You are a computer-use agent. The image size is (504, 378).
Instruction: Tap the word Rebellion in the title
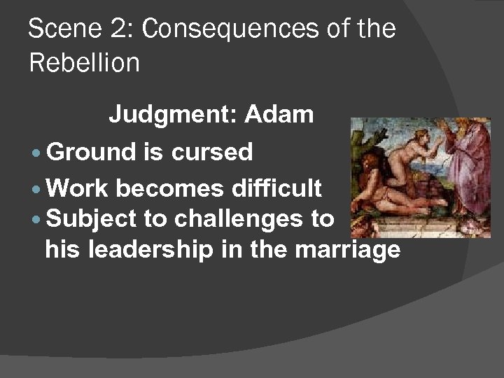tap(84, 63)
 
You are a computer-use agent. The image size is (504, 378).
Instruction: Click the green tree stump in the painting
tap(364, 147)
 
